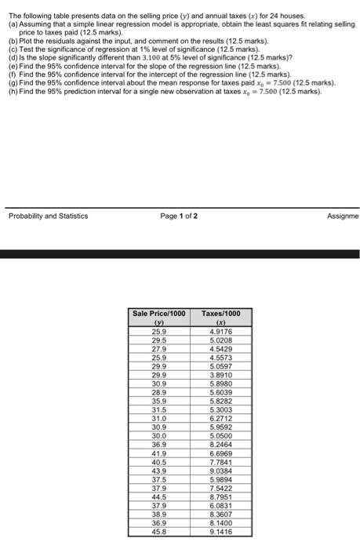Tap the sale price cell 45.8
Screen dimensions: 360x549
pos(159,530)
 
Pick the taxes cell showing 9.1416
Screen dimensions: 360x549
pos(221,530)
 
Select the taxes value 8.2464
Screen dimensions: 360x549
pos(221,445)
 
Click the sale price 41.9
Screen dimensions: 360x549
pos(159,453)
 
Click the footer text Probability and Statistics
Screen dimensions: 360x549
pos(49,216)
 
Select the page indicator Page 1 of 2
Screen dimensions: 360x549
pos(180,216)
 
